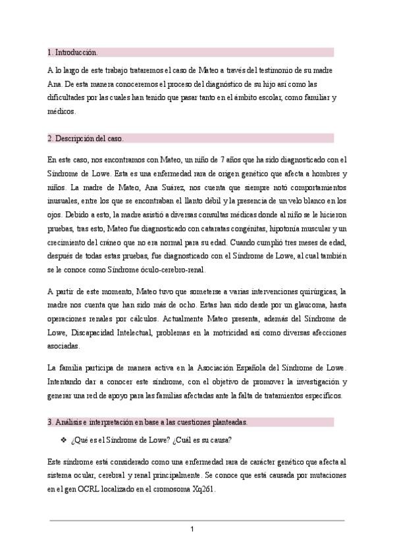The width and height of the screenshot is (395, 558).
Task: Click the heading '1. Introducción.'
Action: coord(72,51)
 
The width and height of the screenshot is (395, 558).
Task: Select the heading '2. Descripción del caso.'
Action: coord(85,138)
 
